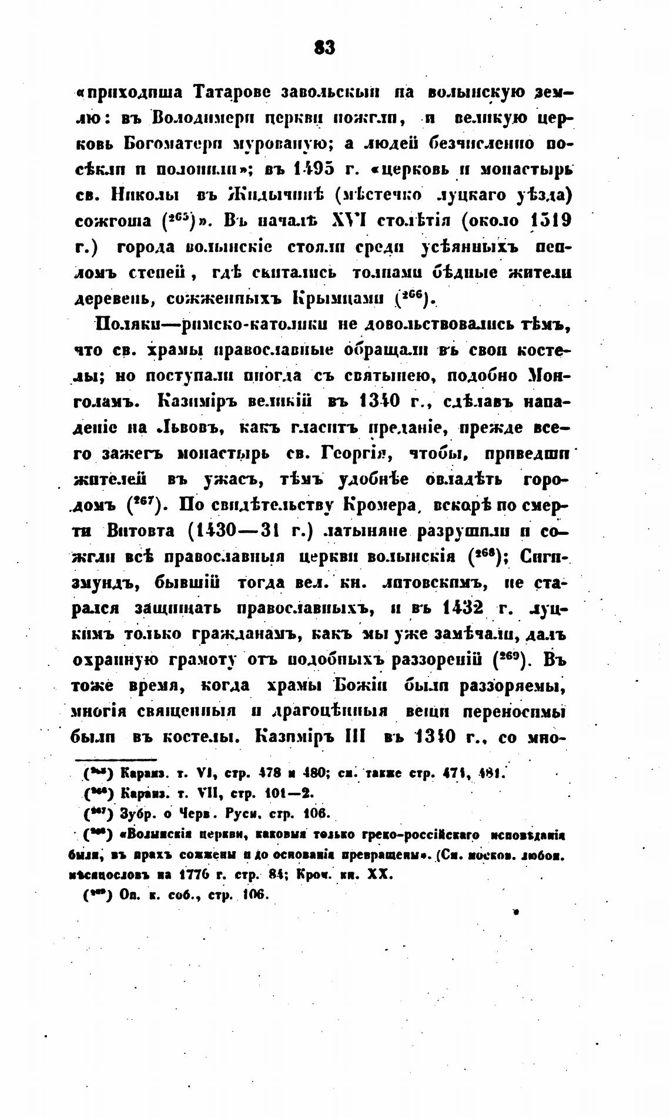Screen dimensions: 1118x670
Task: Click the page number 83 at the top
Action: pyautogui.click(x=324, y=48)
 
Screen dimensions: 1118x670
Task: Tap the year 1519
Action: pyautogui.click(x=551, y=222)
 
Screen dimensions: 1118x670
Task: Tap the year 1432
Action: pyautogui.click(x=461, y=608)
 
